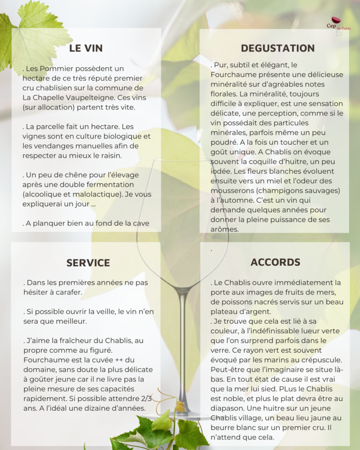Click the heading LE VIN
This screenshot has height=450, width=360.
[x=86, y=48]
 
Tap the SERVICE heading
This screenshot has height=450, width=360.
[x=88, y=263]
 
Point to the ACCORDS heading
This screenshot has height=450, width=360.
[x=275, y=262]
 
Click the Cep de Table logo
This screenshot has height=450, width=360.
[x=336, y=24]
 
